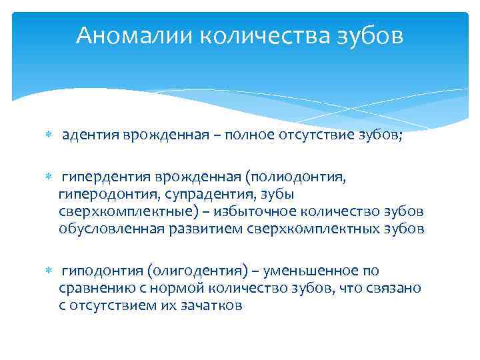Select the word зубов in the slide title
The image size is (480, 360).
(370, 35)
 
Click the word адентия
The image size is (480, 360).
(90, 136)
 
